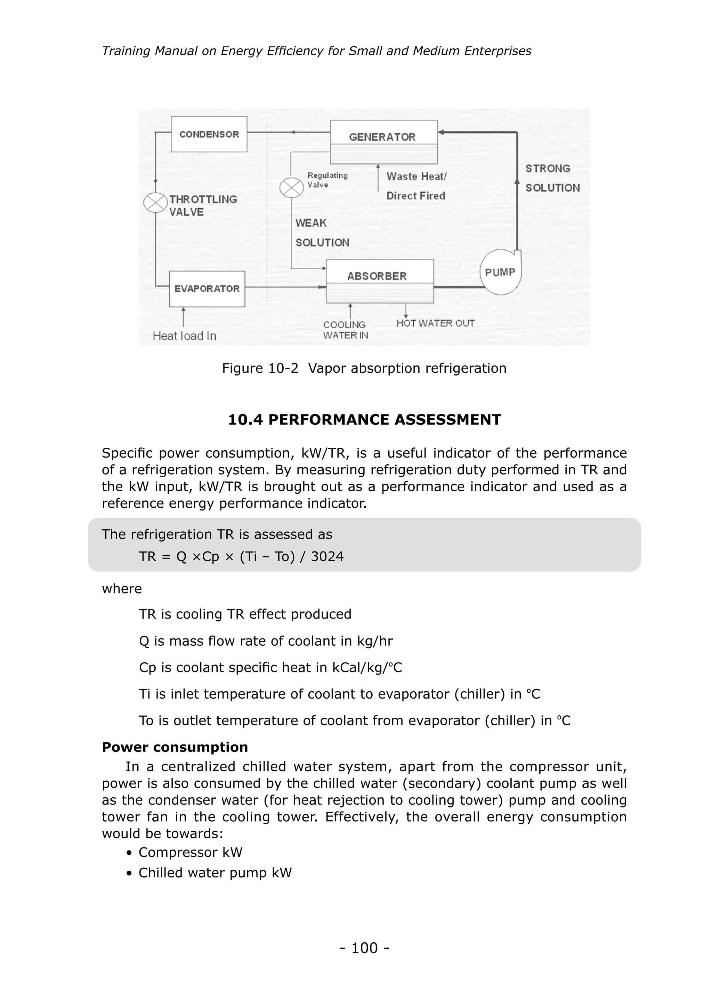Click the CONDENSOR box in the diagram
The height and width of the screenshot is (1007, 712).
[209, 134]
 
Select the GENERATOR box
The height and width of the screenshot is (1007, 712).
[383, 137]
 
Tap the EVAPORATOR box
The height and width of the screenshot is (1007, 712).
[207, 289]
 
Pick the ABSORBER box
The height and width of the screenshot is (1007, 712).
[380, 281]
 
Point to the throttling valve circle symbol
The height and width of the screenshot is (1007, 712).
[156, 203]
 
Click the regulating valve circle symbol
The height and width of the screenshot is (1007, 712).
[292, 188]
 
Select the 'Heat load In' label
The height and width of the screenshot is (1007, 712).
[184, 336]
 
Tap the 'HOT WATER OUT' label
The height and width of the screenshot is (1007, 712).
[435, 323]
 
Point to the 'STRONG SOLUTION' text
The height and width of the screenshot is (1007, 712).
[552, 178]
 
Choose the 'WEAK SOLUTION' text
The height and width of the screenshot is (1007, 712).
[322, 233]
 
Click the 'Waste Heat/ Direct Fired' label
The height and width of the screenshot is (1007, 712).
[416, 186]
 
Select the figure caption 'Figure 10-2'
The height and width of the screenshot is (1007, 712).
[260, 368]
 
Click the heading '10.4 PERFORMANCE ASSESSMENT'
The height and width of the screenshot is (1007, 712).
[364, 420]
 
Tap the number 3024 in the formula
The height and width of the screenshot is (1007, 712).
[327, 557]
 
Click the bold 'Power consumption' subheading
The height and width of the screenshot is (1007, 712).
[175, 747]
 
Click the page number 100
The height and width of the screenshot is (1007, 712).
[364, 948]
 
